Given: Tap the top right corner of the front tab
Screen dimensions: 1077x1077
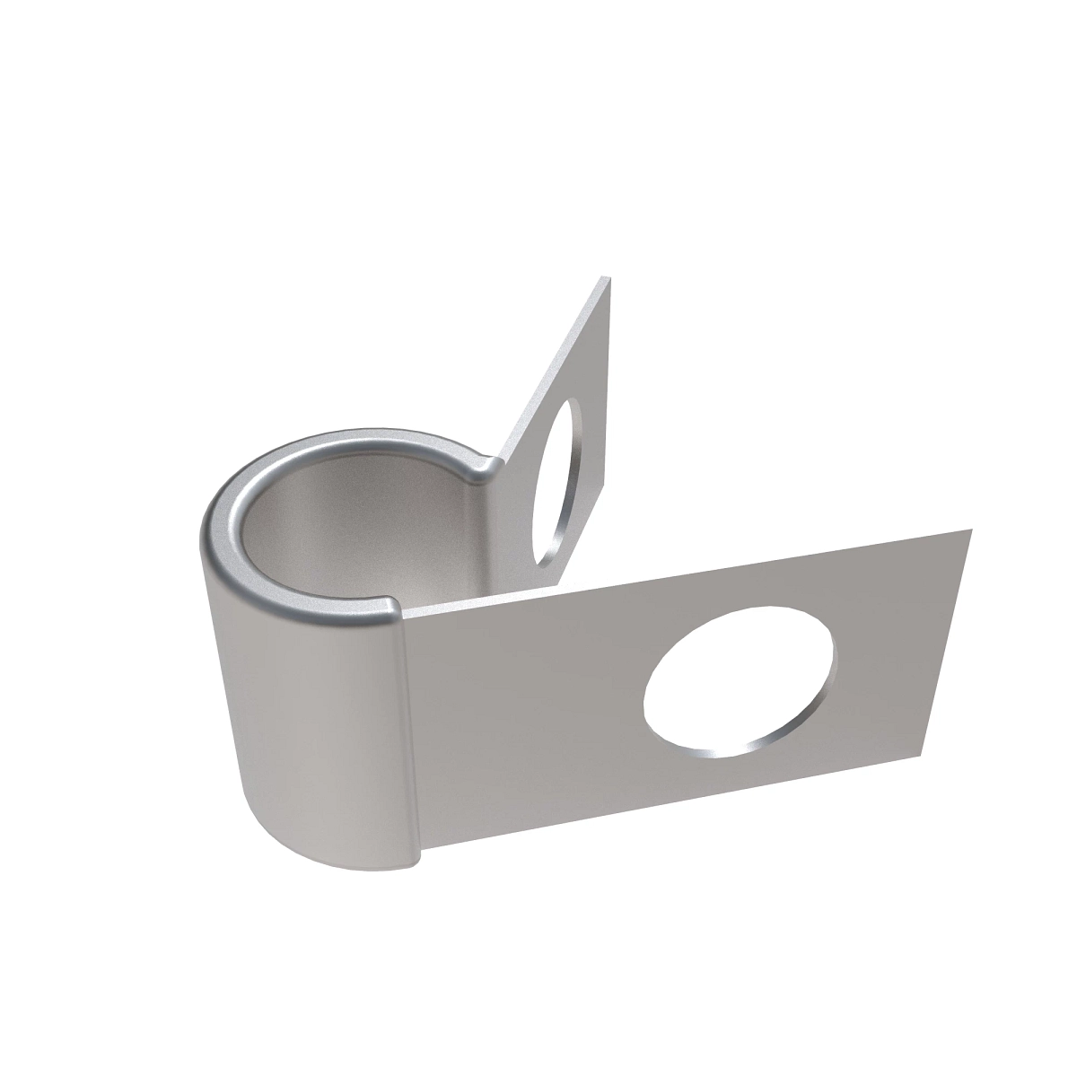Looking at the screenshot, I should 972,530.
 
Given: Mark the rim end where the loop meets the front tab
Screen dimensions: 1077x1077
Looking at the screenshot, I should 392,610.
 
